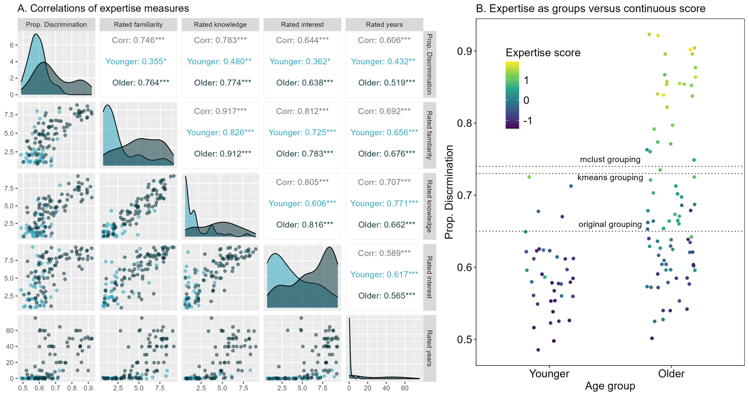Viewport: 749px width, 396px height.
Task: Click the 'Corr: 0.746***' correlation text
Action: coord(138,40)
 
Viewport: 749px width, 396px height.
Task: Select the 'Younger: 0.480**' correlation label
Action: coord(219,62)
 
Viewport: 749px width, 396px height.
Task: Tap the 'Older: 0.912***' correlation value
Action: coord(222,154)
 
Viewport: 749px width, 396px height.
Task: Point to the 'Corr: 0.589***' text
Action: coord(384,253)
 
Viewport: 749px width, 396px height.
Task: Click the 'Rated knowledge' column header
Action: coord(220,25)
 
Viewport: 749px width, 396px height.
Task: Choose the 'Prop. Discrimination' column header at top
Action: coord(56,25)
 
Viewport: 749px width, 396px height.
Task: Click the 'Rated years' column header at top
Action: coord(384,25)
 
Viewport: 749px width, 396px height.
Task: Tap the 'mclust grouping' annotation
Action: coord(610,159)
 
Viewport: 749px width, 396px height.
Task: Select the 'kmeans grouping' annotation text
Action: coord(610,177)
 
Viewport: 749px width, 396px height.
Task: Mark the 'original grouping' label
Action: coord(610,224)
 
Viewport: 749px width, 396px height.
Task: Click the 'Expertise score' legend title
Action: coord(543,53)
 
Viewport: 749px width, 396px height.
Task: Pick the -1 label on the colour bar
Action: coord(528,121)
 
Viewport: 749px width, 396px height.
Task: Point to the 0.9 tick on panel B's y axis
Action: coord(464,51)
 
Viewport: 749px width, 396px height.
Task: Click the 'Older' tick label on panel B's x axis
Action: coord(671,374)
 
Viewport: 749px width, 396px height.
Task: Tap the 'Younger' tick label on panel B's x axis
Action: coord(549,374)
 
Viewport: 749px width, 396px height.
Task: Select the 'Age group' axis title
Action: coord(610,386)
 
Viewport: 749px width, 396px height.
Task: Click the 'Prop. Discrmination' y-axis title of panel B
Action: coord(449,192)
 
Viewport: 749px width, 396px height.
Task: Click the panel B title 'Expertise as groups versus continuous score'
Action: coord(591,9)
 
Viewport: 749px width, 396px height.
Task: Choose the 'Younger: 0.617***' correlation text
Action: coord(384,275)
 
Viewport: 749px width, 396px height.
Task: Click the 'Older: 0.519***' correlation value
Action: coord(386,83)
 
